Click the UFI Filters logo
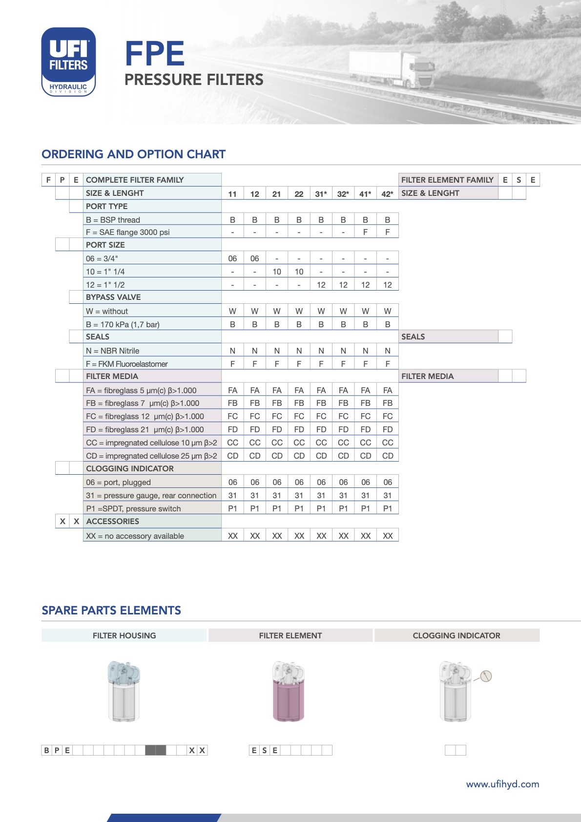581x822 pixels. tap(68, 62)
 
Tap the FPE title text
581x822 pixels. tap(154, 54)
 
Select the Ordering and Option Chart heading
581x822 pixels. tap(133, 154)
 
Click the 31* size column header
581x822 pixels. tap(321, 194)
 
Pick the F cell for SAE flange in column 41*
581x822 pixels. tap(365, 232)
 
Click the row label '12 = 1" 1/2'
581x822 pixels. tap(105, 285)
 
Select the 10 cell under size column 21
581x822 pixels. tap(277, 272)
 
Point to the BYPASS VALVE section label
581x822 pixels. tap(113, 297)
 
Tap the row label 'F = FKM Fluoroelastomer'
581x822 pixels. tap(126, 364)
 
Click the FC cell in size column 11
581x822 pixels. tap(232, 416)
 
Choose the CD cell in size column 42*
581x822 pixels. tap(388, 456)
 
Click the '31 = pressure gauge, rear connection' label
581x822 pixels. tap(151, 495)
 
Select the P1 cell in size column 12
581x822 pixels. tap(255, 508)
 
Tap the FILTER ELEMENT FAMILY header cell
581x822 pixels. tap(447, 180)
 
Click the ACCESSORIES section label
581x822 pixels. tap(112, 521)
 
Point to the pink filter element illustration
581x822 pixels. tap(289, 694)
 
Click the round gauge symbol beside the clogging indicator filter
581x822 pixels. tap(486, 676)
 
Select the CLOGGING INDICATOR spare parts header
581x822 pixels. tap(456, 635)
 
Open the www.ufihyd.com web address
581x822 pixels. tap(502, 784)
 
